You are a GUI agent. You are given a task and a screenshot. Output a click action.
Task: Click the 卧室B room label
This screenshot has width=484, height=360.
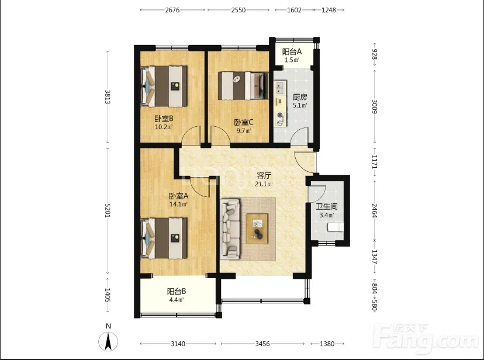tap(164, 118)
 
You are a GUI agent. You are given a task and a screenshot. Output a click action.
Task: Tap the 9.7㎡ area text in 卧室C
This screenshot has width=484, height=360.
tap(244, 130)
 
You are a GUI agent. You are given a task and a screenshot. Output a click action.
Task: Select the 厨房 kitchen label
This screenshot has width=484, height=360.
tap(300, 97)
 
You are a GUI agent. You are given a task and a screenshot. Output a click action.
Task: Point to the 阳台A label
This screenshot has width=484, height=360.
tap(292, 51)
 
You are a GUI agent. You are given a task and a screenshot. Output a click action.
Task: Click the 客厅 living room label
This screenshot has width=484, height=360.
tap(264, 176)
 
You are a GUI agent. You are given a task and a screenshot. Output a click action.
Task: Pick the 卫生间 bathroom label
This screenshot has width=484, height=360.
tap(327, 207)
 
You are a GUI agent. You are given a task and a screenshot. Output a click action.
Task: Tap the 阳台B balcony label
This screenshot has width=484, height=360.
tap(177, 292)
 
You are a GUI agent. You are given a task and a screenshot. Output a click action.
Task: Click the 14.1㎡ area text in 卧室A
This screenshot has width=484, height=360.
tap(179, 204)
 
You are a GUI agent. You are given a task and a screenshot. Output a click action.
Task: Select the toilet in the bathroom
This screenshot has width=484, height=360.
tap(336, 227)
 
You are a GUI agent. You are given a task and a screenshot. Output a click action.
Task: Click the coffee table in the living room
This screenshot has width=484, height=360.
tap(257, 229)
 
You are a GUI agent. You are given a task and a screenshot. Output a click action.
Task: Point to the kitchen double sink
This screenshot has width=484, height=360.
tap(280, 87)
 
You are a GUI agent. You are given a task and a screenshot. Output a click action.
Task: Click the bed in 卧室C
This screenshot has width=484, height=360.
tap(243, 86)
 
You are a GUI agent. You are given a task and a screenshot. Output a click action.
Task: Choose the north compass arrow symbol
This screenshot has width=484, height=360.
tap(108, 342)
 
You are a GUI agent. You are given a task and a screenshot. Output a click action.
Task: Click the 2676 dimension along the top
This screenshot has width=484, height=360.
tap(172, 10)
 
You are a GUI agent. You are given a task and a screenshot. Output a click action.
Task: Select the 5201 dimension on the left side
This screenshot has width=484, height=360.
tap(107, 210)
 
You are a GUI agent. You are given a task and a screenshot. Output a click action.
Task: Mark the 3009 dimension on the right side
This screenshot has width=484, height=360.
tap(375, 106)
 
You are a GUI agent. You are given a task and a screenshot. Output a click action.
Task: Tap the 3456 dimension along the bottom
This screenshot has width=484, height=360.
tap(262, 344)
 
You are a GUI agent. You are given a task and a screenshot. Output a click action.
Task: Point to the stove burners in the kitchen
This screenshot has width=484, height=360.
tap(280, 119)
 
